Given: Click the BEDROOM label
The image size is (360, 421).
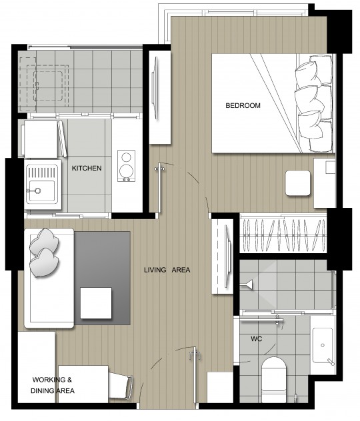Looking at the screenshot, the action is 243,105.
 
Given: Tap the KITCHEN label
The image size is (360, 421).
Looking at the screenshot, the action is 87,168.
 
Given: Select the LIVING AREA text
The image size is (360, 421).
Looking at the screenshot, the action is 167,270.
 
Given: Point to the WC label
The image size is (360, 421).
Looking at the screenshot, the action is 256,339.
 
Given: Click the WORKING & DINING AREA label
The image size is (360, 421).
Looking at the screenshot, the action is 53,385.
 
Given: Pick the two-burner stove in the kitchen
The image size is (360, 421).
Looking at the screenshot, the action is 126,166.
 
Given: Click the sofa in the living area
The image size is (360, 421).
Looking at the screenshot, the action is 49,278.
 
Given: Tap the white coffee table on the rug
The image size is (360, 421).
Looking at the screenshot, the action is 96,303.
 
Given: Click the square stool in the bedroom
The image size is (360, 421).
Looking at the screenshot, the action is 298,183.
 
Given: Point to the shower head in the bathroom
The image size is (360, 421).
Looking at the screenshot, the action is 246,284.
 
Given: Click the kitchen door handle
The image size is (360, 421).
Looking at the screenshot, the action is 159,169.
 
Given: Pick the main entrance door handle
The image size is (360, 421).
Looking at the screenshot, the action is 195,354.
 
